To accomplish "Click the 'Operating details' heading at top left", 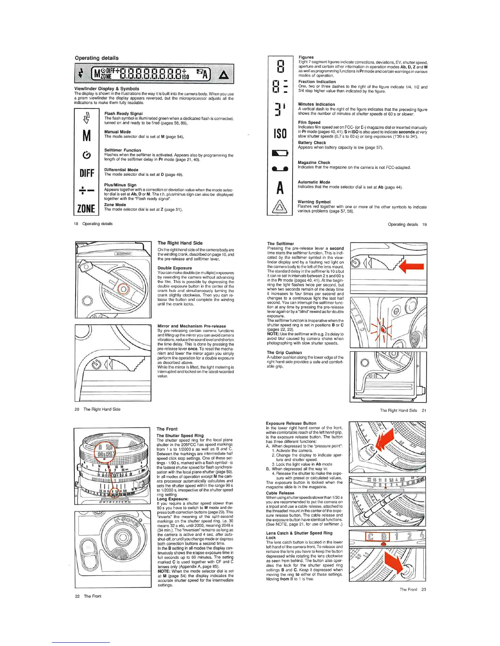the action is point(96,58).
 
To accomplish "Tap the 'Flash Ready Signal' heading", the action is point(123,114).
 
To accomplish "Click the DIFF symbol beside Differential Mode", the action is point(87,173).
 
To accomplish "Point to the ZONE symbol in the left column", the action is point(86,209).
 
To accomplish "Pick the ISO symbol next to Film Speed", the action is point(280,133).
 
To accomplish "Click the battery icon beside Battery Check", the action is point(280,153).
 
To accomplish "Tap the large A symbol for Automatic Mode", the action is point(280,188).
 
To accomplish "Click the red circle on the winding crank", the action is point(123,290).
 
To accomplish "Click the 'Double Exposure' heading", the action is point(174,268).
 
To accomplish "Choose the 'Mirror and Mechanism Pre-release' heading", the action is point(192,326).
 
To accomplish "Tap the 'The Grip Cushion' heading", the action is point(284,353).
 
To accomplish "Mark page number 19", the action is point(424,224).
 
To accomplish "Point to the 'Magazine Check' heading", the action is point(314,162).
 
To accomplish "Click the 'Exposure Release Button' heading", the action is point(291,423).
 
